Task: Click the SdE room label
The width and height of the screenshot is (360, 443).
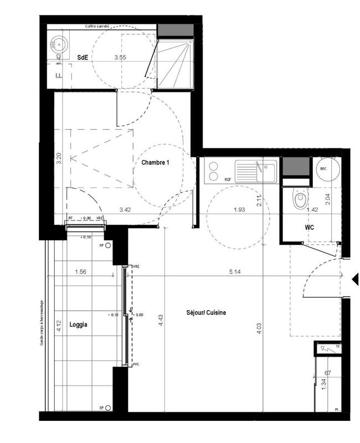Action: [83, 57]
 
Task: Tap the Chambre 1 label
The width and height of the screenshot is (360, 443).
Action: [155, 163]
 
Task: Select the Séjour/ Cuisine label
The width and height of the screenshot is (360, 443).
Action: [206, 313]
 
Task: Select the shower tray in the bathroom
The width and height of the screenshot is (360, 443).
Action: [175, 63]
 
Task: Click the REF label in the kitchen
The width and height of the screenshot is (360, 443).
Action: [227, 179]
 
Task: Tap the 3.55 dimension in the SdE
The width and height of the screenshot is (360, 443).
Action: [120, 57]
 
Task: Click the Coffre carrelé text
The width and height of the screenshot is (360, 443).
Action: [97, 26]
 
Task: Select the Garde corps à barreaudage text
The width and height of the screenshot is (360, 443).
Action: [42, 323]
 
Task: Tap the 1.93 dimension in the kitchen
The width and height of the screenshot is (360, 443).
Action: [240, 210]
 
